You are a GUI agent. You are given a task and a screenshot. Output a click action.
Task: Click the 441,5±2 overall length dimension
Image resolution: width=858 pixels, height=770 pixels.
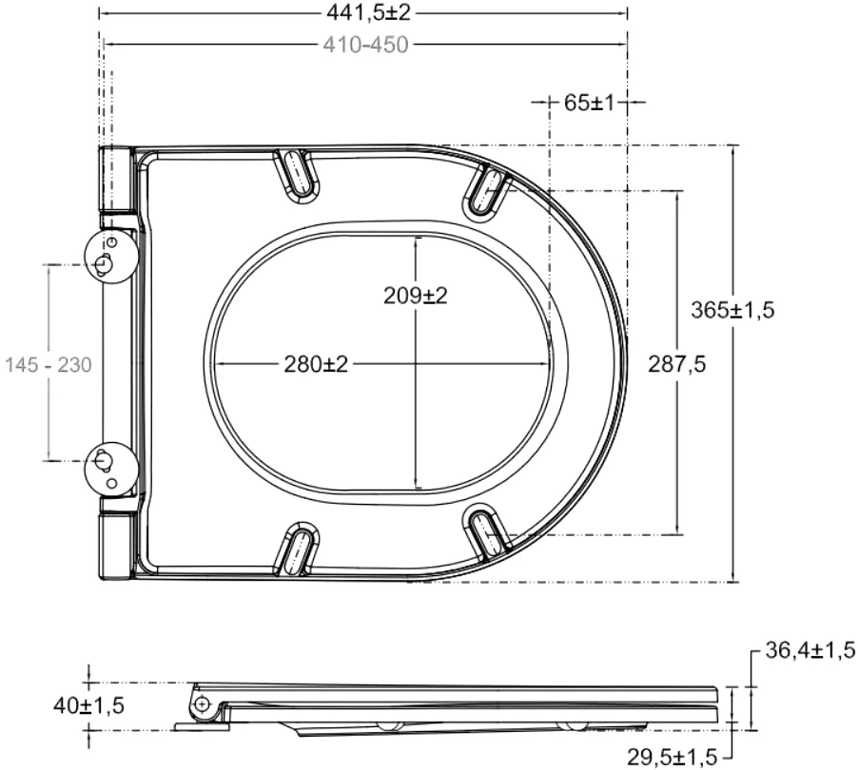pos(368,12)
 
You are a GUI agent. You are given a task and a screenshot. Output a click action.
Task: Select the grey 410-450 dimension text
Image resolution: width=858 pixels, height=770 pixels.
pos(365,45)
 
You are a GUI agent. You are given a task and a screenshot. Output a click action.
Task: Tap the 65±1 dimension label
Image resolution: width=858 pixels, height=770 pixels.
pos(590,103)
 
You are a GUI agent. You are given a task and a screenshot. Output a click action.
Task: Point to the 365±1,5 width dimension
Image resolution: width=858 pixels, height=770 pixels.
pos(732,310)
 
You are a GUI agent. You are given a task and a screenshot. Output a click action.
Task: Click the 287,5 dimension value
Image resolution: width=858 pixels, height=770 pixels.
pos(677,364)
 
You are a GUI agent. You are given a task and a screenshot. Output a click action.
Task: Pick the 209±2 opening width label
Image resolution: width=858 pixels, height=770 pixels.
pos(416,296)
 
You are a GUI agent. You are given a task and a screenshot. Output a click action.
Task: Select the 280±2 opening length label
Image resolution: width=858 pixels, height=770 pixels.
pos(316,364)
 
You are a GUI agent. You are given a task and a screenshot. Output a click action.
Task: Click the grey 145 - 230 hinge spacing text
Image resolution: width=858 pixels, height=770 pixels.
pos(49,365)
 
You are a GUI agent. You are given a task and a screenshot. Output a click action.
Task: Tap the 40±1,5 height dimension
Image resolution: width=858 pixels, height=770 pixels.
pos(88,706)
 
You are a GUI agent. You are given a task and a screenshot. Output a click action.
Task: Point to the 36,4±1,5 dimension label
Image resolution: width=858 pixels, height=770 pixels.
pos(809,650)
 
